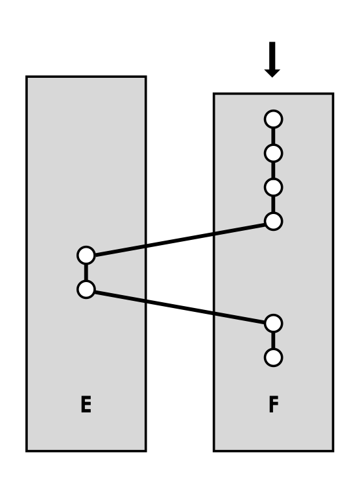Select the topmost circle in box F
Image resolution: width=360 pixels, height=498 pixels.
pyautogui.click(x=273, y=119)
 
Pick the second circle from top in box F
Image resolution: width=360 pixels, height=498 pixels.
pyautogui.click(x=273, y=153)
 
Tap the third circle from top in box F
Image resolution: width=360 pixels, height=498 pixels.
pyautogui.click(x=273, y=187)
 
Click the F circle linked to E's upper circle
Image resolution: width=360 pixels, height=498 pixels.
pyautogui.click(x=273, y=221)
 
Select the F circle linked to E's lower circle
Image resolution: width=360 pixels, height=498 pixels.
pyautogui.click(x=273, y=322)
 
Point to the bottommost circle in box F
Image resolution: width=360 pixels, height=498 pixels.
pyautogui.click(x=273, y=356)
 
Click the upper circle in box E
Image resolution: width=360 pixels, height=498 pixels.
pyautogui.click(x=86, y=255)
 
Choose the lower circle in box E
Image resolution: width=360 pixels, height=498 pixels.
pyautogui.click(x=86, y=289)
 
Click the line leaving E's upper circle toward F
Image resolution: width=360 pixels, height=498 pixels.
pyautogui.click(x=179, y=238)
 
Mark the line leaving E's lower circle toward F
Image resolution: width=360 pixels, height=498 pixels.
pyautogui.click(x=179, y=306)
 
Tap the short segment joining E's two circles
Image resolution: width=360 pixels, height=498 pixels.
pyautogui.click(x=86, y=272)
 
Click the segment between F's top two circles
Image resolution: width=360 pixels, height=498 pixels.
pyautogui.click(x=273, y=136)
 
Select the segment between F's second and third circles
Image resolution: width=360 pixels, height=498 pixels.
pyautogui.click(x=273, y=170)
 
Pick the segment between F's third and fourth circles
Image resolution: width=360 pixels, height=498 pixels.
pyautogui.click(x=273, y=204)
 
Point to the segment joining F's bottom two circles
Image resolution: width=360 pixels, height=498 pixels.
pyautogui.click(x=273, y=339)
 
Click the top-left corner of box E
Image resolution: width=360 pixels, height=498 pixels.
pyautogui.click(x=27, y=77)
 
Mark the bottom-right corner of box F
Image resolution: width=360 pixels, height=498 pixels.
pyautogui.click(x=333, y=450)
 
